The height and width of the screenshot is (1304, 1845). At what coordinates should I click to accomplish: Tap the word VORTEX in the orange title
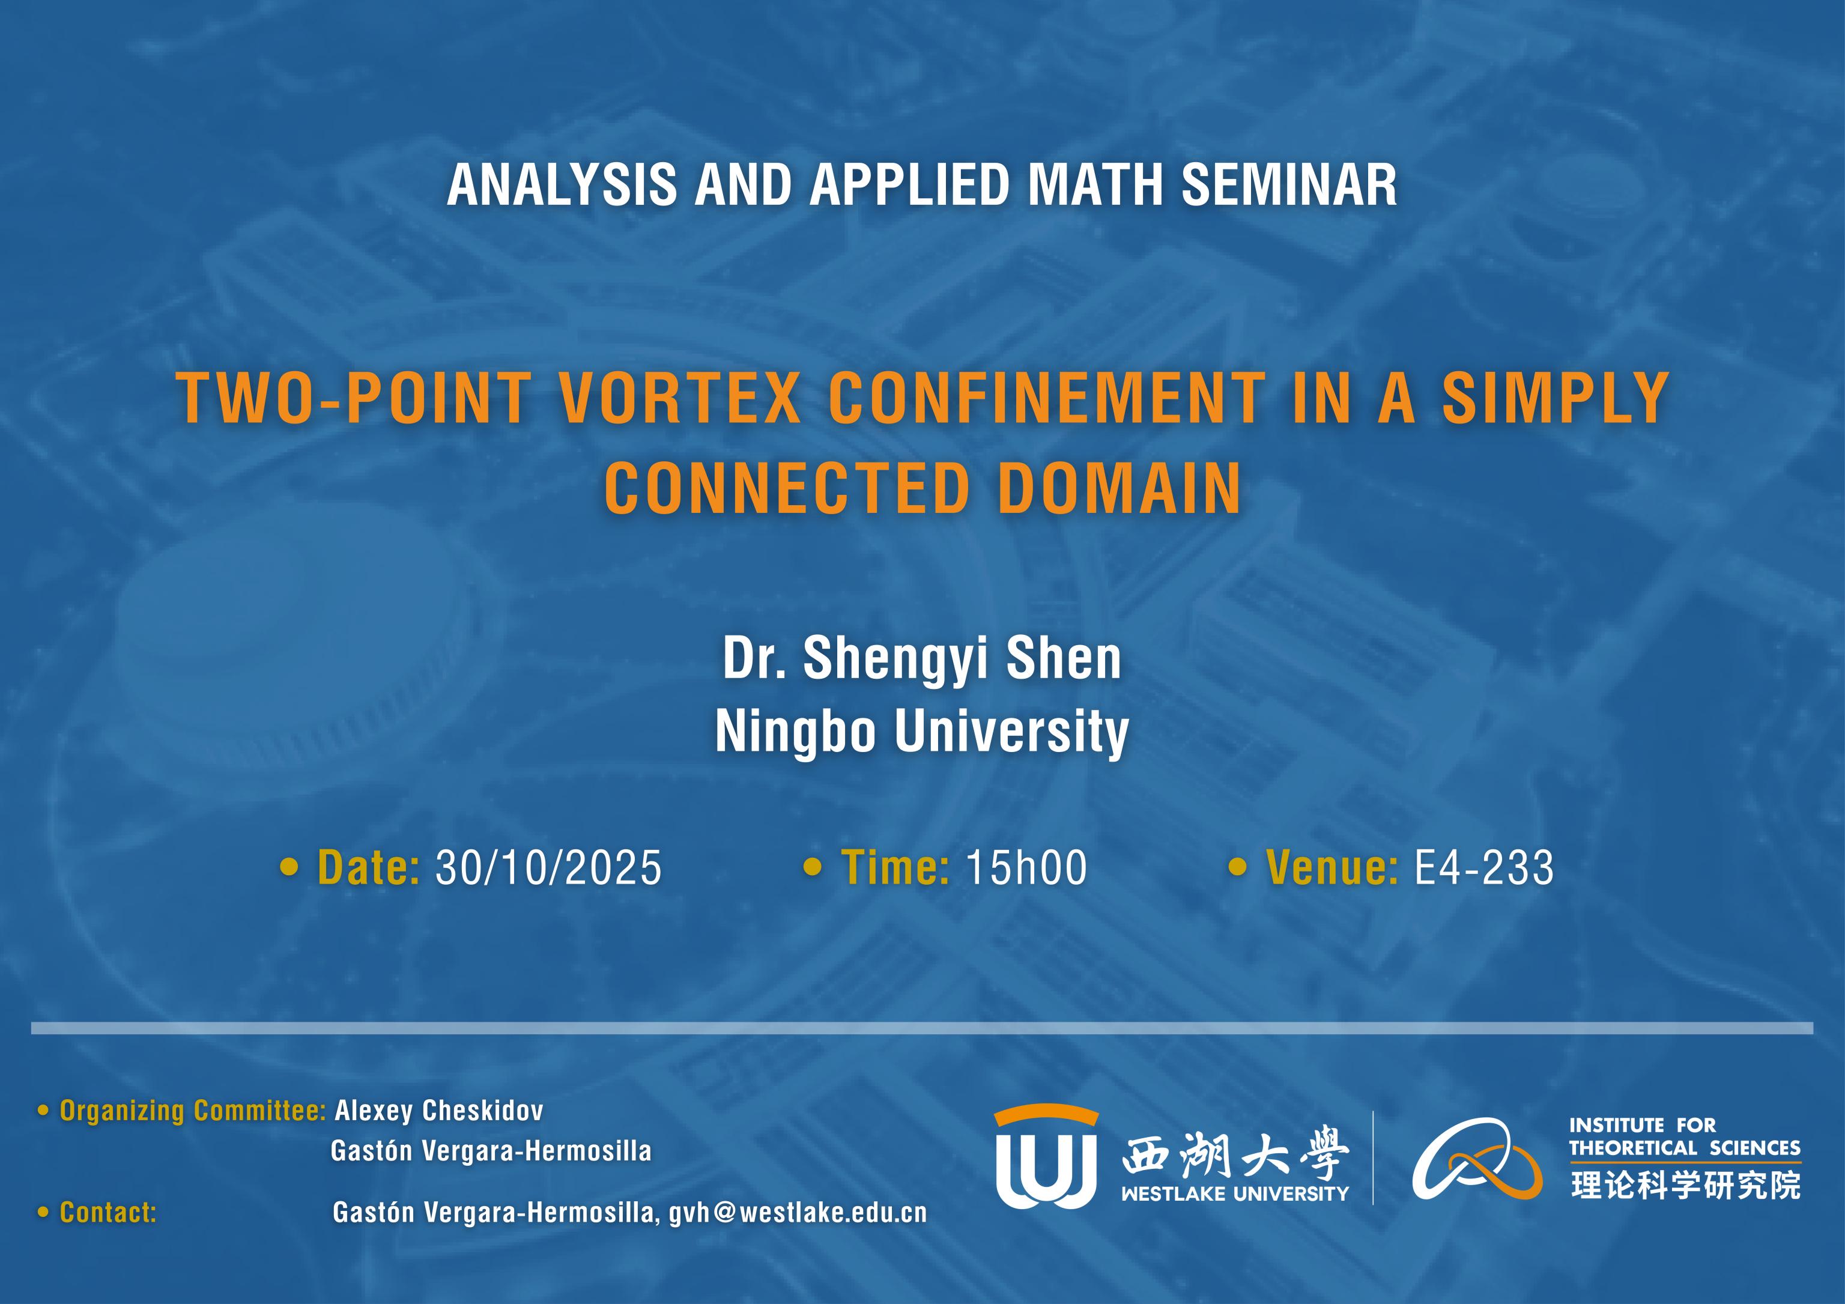tap(679, 397)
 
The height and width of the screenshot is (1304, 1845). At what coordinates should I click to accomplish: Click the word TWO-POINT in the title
tap(353, 397)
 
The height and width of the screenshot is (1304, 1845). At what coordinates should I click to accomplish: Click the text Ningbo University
tap(922, 731)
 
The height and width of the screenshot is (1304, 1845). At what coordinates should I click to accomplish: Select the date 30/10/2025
tap(549, 868)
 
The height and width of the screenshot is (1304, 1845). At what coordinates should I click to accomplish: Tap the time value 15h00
tap(1026, 868)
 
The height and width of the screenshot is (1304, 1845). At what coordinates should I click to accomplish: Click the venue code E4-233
tap(1484, 868)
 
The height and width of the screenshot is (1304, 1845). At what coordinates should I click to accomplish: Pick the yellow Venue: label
tap(1331, 868)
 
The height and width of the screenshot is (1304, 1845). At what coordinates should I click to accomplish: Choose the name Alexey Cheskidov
tap(439, 1111)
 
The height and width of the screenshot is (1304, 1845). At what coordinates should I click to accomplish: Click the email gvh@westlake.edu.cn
tap(798, 1213)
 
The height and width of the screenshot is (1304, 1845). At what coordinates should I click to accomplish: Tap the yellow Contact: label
tap(108, 1213)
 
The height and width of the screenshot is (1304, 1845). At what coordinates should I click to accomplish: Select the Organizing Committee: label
tap(193, 1111)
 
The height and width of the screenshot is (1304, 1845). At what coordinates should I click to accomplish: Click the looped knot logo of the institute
tap(1477, 1159)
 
